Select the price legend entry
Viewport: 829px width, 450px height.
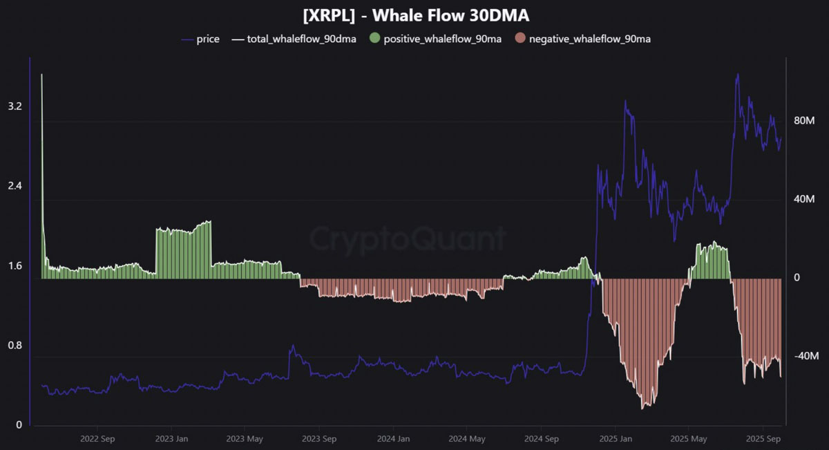(x=207, y=39)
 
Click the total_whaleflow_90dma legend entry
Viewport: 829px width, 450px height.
(x=301, y=39)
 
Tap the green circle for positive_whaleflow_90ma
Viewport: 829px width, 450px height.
(x=374, y=39)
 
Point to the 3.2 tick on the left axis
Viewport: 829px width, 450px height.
(x=15, y=106)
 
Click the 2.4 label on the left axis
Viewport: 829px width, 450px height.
(x=15, y=186)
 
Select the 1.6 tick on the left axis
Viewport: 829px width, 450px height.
(x=15, y=266)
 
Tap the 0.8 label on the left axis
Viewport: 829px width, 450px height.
(x=15, y=346)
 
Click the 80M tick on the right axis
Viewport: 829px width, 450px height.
(x=806, y=121)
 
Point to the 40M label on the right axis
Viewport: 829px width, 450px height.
(x=806, y=200)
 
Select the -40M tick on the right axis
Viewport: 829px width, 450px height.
(x=806, y=357)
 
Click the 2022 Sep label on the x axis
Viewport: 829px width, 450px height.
(x=97, y=438)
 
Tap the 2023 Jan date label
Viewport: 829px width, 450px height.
(x=172, y=438)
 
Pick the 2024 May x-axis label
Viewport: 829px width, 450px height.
(x=466, y=438)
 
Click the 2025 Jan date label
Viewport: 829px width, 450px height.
(x=616, y=438)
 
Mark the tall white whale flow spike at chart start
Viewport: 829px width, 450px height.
(x=41, y=76)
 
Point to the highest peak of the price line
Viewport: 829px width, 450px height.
(x=738, y=75)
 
